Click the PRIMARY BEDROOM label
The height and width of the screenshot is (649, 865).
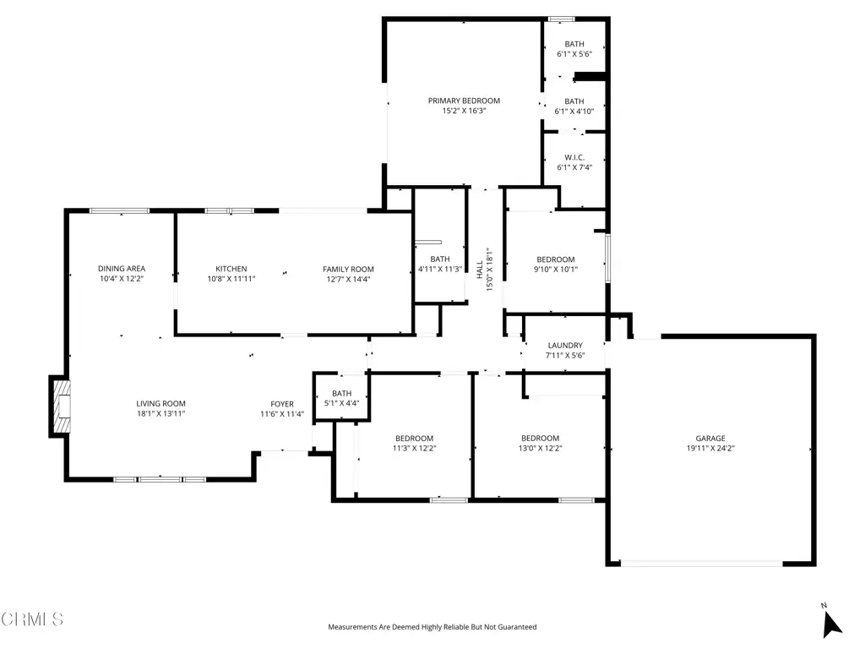(464, 101)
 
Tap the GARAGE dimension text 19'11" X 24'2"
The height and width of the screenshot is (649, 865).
(710, 448)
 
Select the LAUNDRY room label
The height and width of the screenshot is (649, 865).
(565, 346)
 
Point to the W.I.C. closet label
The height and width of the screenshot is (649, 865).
(574, 157)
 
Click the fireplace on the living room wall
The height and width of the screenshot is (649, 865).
(60, 406)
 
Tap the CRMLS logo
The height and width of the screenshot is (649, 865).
(32, 619)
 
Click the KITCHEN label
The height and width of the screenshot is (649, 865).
(231, 269)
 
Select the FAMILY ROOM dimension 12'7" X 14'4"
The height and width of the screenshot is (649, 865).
(348, 279)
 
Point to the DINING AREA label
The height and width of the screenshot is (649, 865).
(122, 269)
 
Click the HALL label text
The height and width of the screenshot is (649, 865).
(480, 270)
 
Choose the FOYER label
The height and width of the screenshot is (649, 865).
(282, 404)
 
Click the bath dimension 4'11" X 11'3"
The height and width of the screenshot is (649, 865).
(439, 270)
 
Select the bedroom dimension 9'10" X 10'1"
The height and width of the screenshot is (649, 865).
(556, 270)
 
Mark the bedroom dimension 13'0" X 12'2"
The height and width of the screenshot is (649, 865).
(540, 448)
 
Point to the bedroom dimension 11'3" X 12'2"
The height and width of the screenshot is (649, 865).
(414, 448)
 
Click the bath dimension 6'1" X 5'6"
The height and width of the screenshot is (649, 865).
(574, 54)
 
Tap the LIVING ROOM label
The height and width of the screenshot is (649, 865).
(160, 403)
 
